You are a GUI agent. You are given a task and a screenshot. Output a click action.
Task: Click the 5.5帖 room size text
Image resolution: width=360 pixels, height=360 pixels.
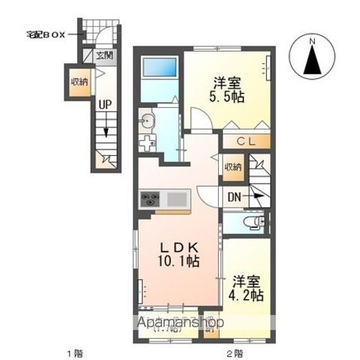[x=227, y=97]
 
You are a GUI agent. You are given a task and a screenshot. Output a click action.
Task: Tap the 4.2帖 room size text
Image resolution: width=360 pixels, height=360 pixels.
[x=247, y=295]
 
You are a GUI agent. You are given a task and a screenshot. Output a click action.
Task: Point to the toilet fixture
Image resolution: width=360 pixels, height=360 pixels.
[x=255, y=222]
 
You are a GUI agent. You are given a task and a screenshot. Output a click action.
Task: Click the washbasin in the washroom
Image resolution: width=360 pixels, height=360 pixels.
[x=146, y=121]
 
